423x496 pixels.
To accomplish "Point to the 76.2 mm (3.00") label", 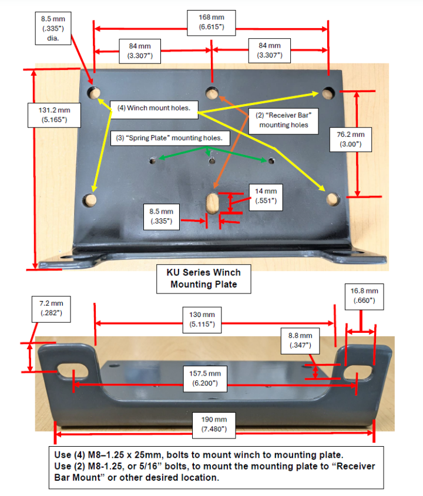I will [350, 139].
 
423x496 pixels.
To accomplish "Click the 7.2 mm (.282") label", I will [51, 309].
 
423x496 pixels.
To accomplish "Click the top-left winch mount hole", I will [93, 93].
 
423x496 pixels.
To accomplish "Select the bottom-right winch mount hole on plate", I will [332, 199].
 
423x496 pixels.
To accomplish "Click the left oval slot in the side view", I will [65, 371].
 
